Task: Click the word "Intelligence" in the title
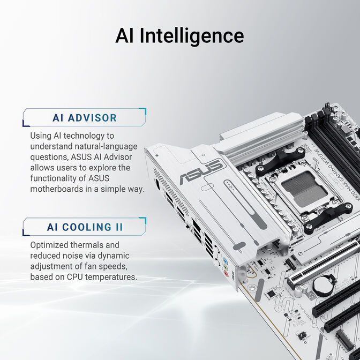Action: click(192, 36)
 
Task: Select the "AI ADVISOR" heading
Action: click(84, 118)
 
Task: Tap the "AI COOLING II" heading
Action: click(84, 227)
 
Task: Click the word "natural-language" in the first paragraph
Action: click(106, 146)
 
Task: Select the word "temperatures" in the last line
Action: click(112, 277)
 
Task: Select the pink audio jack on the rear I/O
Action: click(226, 273)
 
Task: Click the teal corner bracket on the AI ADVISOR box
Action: click(142, 111)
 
